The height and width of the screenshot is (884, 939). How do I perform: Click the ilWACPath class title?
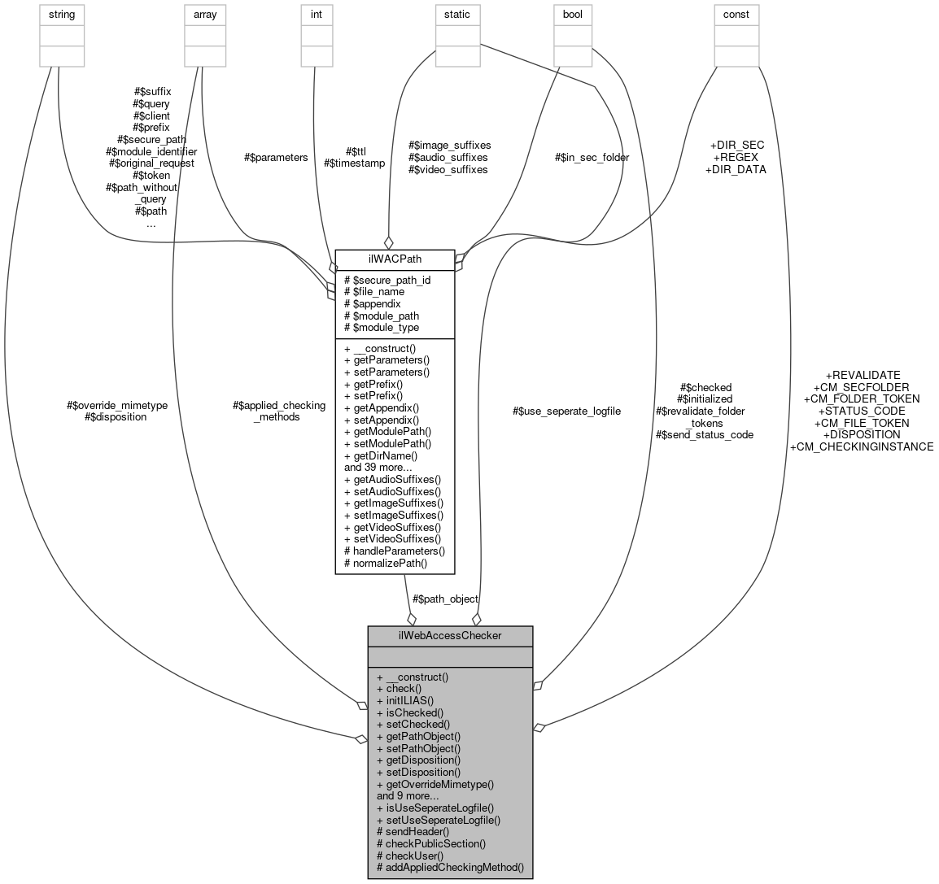(395, 259)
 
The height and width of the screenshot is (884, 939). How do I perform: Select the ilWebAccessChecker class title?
(450, 635)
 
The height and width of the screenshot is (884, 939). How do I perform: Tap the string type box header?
(62, 14)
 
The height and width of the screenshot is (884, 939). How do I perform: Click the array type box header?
(204, 14)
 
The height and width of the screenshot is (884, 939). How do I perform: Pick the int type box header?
(317, 14)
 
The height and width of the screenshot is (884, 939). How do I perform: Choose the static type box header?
(456, 14)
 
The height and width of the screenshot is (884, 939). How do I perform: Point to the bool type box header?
(573, 14)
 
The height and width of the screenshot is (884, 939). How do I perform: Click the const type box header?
(736, 14)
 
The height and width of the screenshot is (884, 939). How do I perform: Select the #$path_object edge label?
(445, 599)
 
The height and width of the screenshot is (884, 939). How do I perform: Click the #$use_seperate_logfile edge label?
(566, 411)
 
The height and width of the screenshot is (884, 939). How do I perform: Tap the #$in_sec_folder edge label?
(592, 157)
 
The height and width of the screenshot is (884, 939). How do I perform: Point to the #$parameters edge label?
(276, 157)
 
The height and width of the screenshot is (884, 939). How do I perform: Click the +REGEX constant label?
(736, 157)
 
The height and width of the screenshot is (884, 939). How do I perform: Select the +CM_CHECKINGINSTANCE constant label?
(862, 446)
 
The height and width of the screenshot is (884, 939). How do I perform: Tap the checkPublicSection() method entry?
(430, 843)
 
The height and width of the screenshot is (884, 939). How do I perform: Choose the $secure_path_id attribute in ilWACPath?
(387, 280)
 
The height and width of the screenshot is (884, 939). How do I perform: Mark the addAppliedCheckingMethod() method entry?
(449, 868)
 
